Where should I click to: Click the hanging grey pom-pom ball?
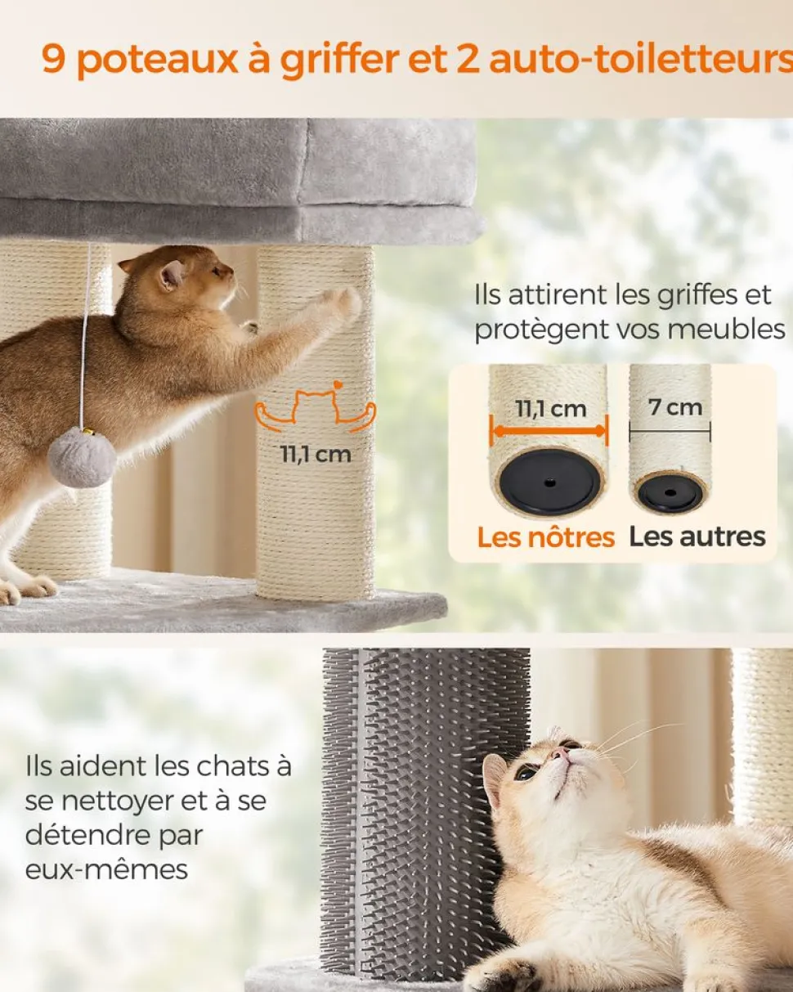pyautogui.click(x=82, y=457)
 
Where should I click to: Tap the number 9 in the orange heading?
pyautogui.click(x=53, y=59)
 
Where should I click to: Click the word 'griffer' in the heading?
pyautogui.click(x=339, y=61)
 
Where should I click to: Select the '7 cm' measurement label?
pyautogui.click(x=675, y=407)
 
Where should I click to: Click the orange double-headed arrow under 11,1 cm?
pyautogui.click(x=549, y=432)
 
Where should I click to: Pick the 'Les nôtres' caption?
pyautogui.click(x=545, y=538)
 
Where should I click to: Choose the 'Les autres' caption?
pyautogui.click(x=697, y=537)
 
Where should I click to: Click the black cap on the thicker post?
pyautogui.click(x=549, y=483)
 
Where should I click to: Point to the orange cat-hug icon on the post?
pyautogui.click(x=316, y=409)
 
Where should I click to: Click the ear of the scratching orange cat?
pyautogui.click(x=172, y=276)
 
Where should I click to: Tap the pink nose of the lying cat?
pyautogui.click(x=560, y=752)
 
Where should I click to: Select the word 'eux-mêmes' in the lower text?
pyautogui.click(x=106, y=870)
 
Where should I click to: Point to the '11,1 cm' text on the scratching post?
pyautogui.click(x=316, y=455)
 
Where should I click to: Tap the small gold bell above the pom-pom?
pyautogui.click(x=87, y=432)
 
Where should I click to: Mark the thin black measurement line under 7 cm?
pyautogui.click(x=670, y=432)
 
